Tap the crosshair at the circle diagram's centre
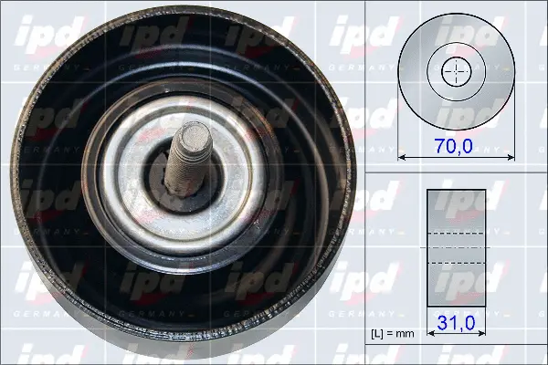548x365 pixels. point(454,70)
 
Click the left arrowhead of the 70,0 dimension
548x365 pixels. point(403,158)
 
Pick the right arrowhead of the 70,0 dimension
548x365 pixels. point(505,158)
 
